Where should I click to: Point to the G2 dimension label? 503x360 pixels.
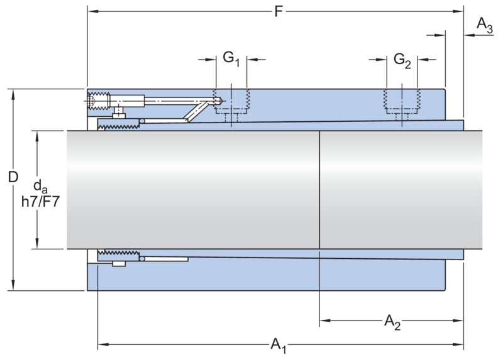point(402,60)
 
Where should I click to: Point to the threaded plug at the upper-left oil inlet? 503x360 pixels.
point(98,99)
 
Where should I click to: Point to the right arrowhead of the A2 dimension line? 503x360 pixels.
point(460,322)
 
